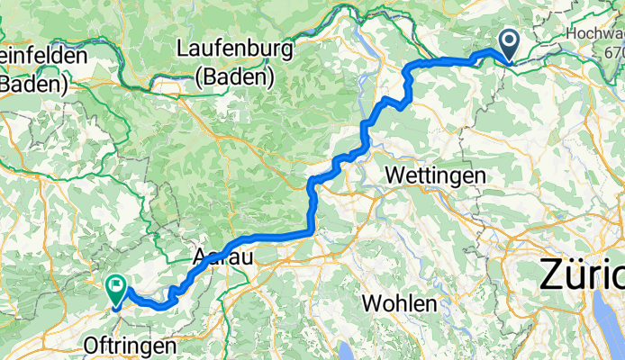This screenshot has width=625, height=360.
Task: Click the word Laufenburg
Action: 237,49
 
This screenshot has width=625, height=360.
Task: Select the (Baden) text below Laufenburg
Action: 237,77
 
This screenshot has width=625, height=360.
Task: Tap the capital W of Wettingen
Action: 393,175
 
